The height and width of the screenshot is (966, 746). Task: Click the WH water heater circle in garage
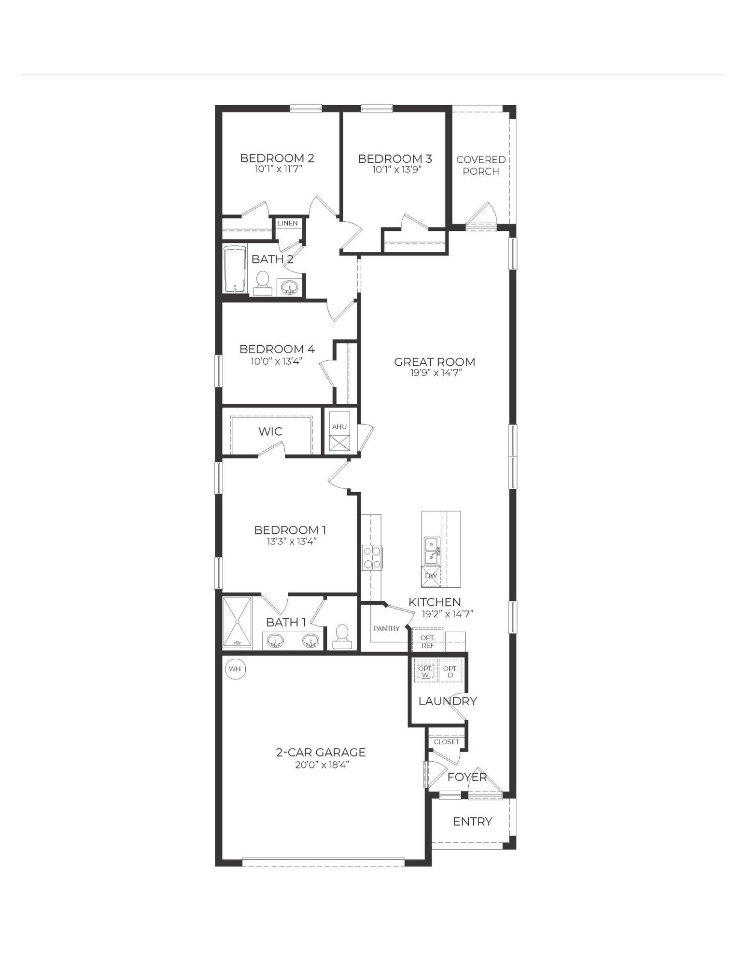(235, 669)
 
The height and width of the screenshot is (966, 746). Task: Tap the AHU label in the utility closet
(339, 426)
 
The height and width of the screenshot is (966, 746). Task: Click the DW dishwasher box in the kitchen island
(431, 576)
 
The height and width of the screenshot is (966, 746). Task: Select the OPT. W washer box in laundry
(425, 670)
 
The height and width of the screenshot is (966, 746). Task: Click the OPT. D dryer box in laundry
(450, 670)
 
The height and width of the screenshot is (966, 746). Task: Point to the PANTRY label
(386, 628)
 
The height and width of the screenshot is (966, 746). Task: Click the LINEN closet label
(288, 223)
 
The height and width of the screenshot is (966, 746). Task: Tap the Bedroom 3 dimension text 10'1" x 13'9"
(394, 170)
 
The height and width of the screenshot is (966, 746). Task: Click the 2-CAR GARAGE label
(321, 752)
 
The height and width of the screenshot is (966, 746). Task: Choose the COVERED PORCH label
(481, 165)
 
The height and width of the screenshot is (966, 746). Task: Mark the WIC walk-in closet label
(270, 431)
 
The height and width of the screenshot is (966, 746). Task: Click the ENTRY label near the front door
(472, 821)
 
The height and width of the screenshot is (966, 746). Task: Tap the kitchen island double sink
(431, 551)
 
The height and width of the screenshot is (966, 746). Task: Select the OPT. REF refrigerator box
(428, 641)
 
